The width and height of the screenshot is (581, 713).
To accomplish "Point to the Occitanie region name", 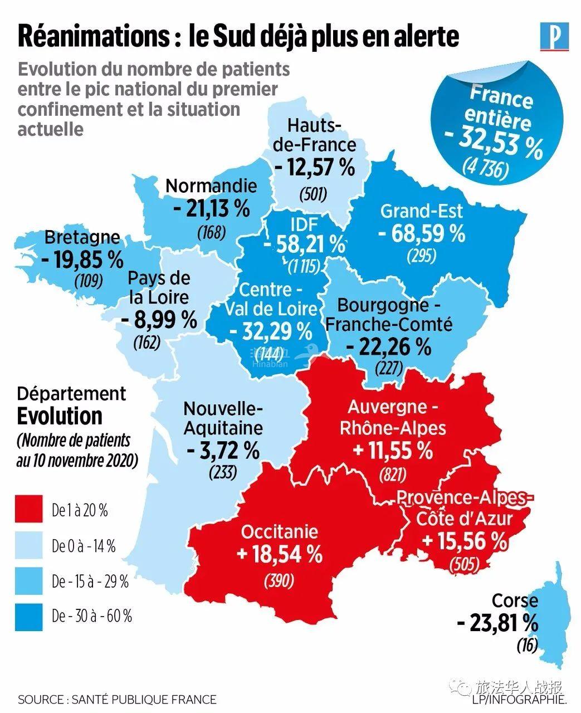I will click(x=279, y=531).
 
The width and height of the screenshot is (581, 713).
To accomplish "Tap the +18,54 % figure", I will click(x=279, y=554).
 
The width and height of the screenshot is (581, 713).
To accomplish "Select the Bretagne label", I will click(x=82, y=238).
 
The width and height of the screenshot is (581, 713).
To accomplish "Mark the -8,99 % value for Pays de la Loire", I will click(x=159, y=320).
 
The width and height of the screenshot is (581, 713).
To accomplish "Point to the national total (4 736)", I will click(x=485, y=169).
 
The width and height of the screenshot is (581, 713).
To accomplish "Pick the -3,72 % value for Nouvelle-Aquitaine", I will click(x=223, y=450).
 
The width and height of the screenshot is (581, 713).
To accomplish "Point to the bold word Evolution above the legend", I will click(x=60, y=416).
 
